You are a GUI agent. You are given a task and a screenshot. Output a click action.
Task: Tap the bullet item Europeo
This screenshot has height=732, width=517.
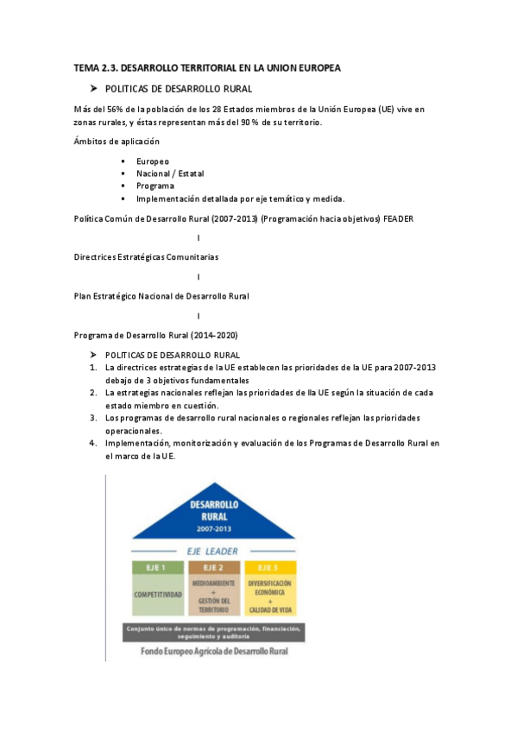pos(153,161)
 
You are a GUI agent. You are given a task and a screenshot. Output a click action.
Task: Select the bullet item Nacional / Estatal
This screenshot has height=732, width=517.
pos(170,174)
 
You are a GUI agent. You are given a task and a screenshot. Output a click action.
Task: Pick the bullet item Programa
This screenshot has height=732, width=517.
pos(155,186)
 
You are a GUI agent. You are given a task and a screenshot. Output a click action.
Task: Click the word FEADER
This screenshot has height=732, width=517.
pos(398,218)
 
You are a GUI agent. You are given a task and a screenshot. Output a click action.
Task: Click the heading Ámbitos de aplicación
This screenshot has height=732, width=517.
pos(117,142)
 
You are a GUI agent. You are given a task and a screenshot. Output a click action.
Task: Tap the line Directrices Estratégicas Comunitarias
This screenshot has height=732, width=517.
pos(146,257)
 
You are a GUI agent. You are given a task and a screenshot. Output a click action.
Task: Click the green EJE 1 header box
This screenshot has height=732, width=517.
pos(159,567)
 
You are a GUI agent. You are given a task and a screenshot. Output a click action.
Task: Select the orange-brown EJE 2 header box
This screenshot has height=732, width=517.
pos(213,567)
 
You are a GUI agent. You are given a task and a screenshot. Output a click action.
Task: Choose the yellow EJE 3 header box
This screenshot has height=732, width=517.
pos(270,567)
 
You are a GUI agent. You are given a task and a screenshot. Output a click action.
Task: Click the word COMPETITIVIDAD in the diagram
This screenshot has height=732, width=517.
pos(159,596)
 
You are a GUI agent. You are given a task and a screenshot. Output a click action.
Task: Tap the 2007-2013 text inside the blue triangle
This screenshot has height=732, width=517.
pos(214,527)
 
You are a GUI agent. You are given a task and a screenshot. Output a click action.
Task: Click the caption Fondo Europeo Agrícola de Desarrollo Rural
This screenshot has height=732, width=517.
pos(214,651)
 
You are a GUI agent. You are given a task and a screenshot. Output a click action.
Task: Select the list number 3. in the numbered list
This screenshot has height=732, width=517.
pos(91,418)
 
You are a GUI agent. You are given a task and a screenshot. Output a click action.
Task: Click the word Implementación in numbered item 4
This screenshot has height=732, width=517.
pos(136,443)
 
